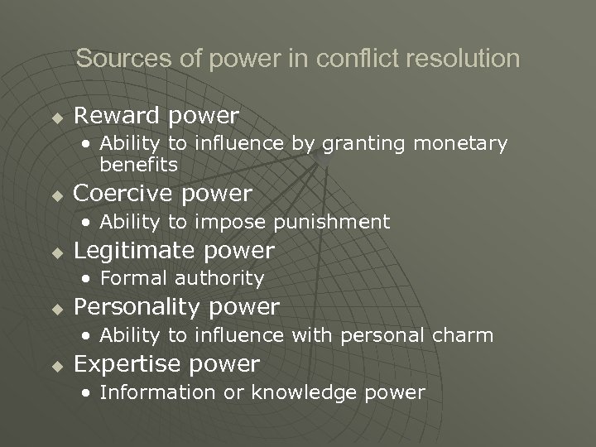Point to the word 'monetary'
tap(460, 144)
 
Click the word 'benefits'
tap(138, 165)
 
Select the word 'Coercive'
tap(120, 194)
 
